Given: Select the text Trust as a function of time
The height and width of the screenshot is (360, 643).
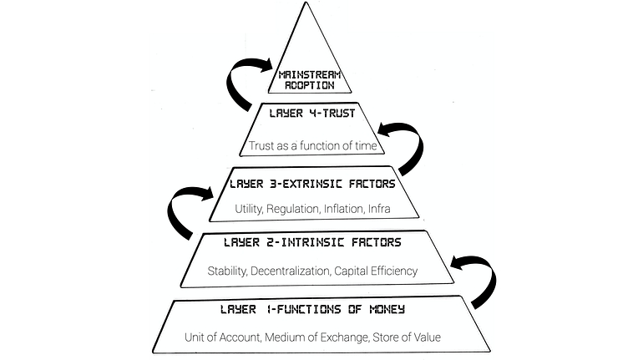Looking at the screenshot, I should pos(315,145).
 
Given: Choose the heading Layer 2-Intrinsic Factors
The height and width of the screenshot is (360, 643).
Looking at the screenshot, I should pos(312,243).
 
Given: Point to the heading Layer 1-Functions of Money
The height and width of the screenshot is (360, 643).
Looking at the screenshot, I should pos(312,310).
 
